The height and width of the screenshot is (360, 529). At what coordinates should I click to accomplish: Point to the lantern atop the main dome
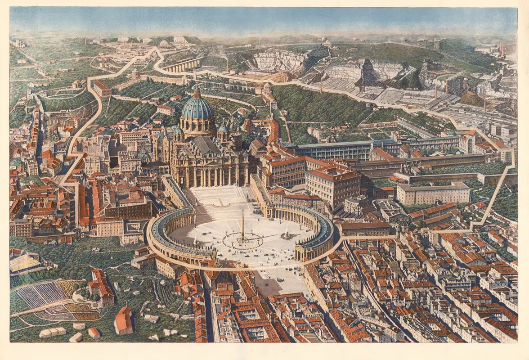click(197, 92)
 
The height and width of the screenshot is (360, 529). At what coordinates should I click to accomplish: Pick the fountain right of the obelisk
click(286, 234)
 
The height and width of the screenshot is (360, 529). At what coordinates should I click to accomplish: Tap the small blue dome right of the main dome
click(222, 129)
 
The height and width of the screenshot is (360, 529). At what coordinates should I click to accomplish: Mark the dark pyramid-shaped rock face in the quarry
click(370, 72)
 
